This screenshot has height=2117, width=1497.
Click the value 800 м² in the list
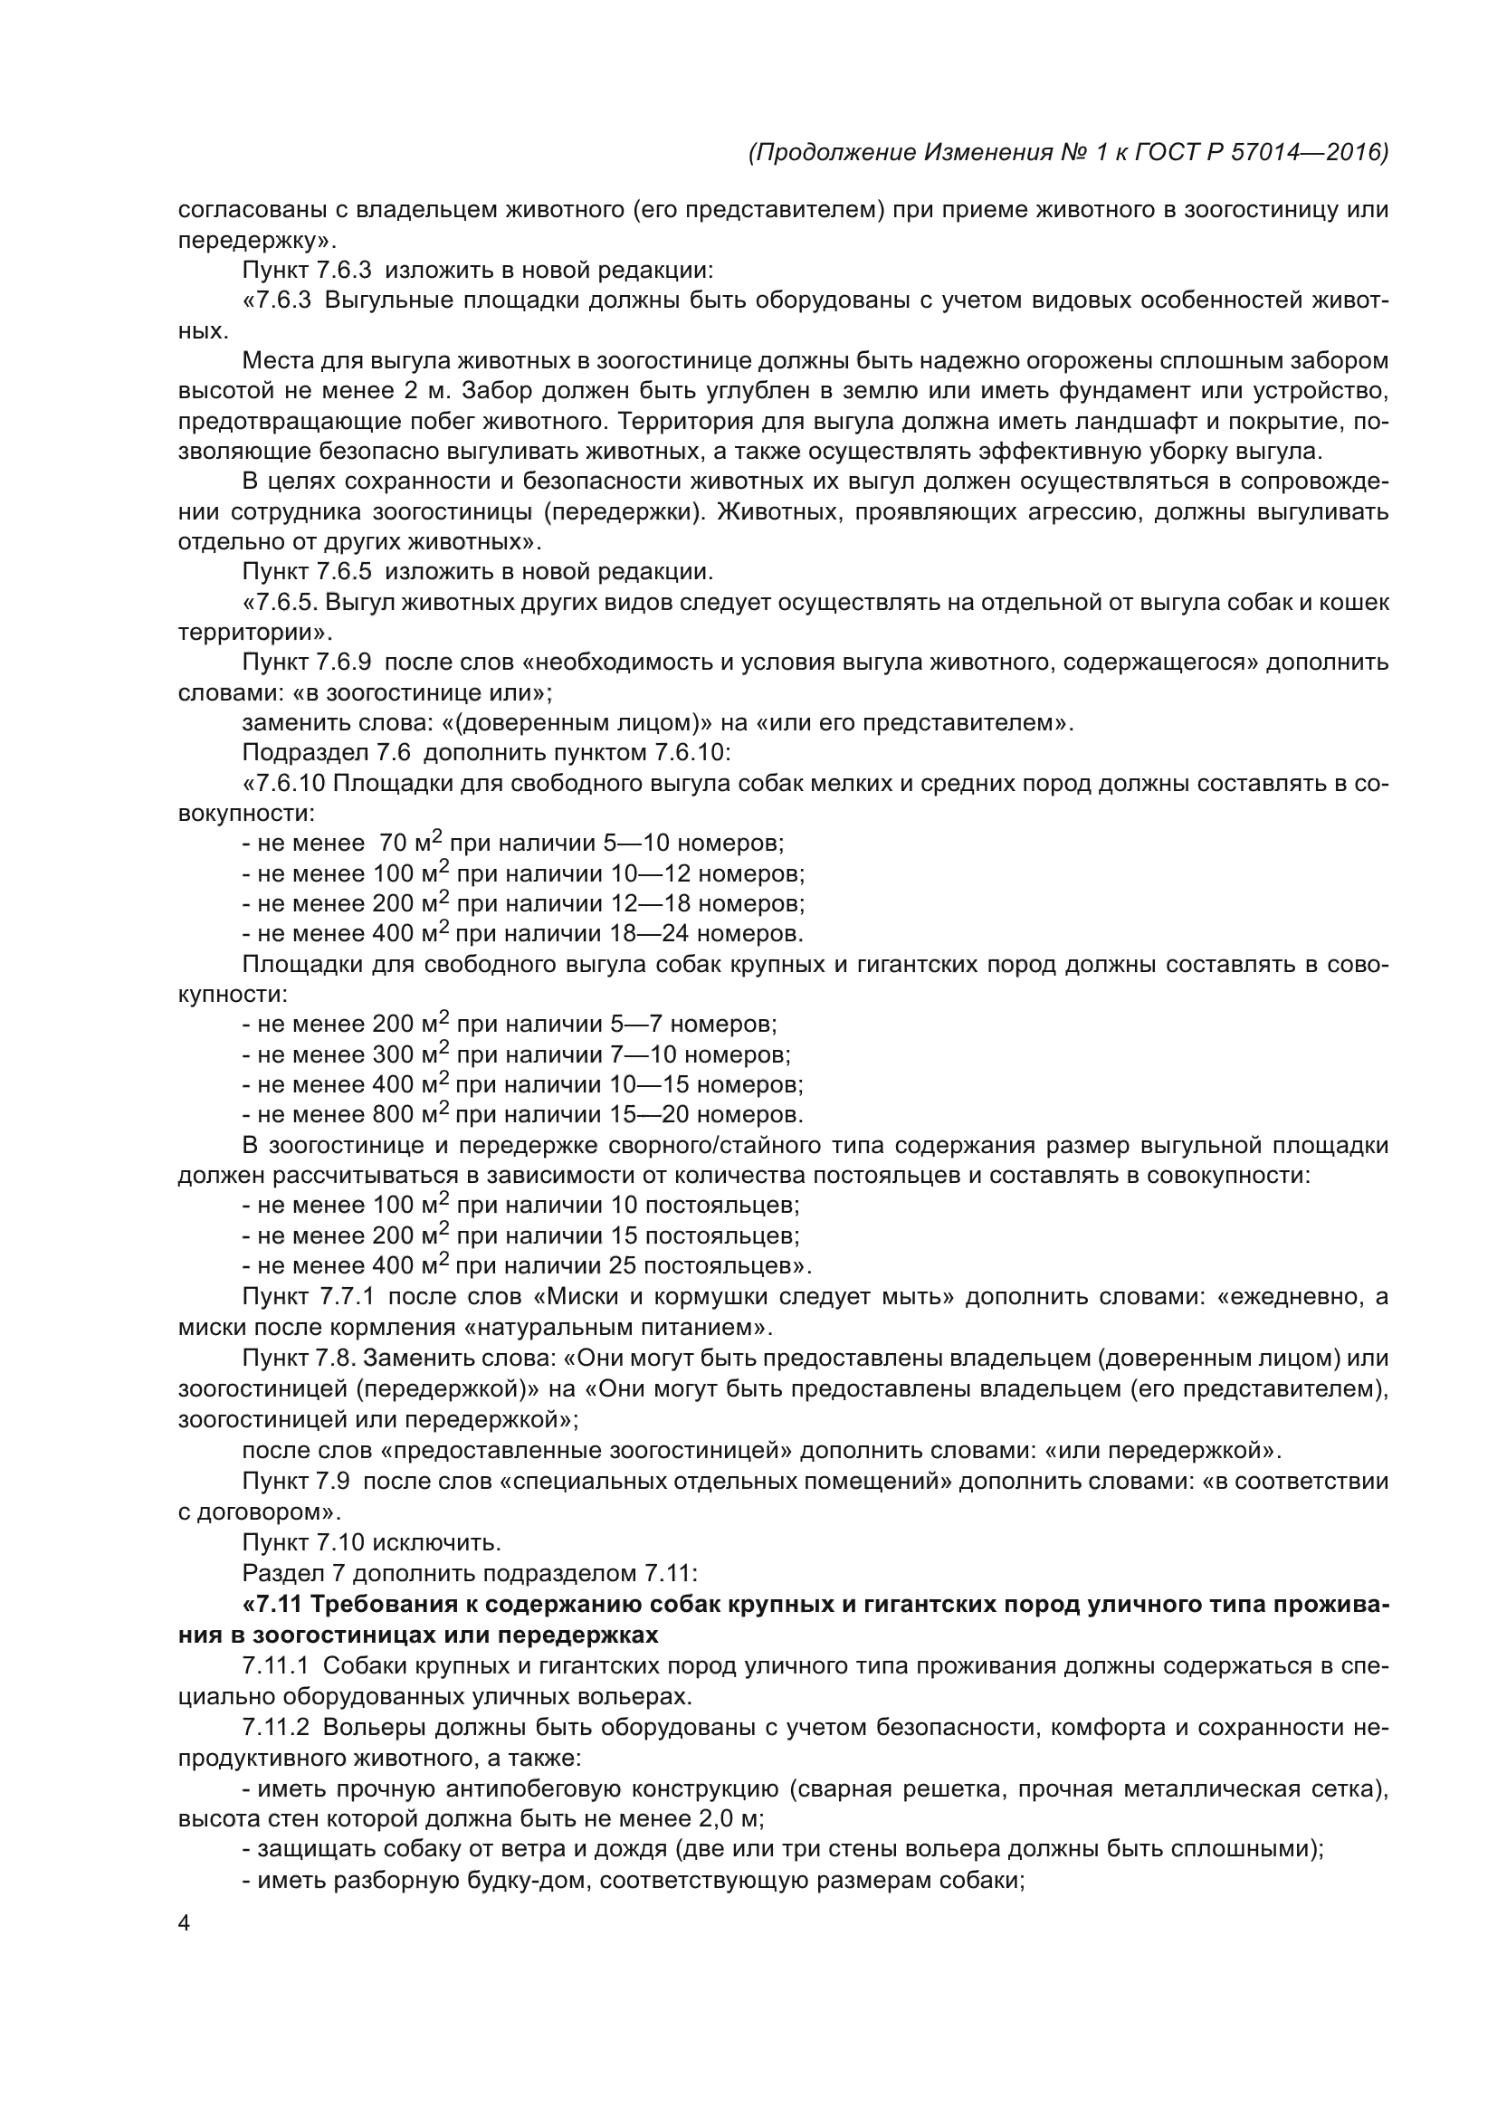tap(410, 1114)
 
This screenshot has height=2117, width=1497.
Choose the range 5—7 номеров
tap(693, 1024)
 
